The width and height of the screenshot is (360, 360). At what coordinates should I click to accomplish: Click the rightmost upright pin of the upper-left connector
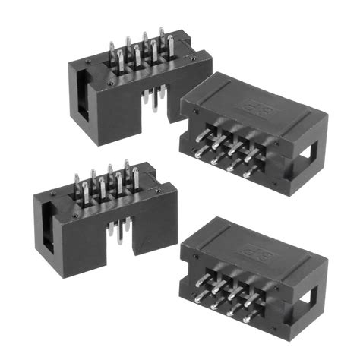click(161, 42)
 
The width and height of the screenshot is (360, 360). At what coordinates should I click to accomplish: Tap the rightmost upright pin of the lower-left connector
click(134, 179)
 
